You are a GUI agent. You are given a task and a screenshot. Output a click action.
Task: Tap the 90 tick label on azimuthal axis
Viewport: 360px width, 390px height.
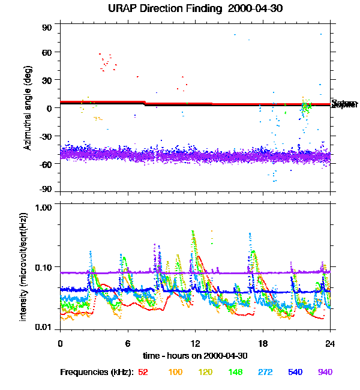[47, 28]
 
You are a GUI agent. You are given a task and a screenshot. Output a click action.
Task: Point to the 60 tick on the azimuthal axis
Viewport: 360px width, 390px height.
[47, 52]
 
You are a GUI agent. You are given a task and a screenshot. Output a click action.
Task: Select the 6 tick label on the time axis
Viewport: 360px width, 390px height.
[128, 343]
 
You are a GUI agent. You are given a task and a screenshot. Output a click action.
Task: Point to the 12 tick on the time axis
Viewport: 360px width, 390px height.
[195, 343]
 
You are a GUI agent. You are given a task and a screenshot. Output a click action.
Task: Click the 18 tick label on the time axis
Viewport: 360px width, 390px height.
[263, 343]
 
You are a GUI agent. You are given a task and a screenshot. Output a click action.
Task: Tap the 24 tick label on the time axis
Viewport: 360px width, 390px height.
[330, 343]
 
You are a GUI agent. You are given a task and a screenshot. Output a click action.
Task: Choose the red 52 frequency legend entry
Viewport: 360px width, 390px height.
[143, 372]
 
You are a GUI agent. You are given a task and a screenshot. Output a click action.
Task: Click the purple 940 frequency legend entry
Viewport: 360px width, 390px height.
[325, 372]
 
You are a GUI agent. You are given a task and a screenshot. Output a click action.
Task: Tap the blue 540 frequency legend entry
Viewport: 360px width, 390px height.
[295, 372]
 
